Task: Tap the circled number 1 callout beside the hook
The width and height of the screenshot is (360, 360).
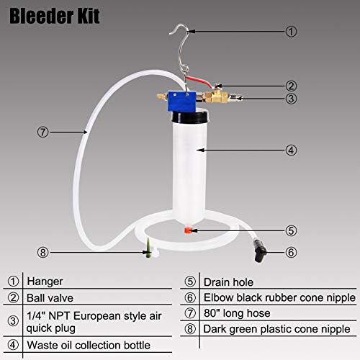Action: coord(289,32)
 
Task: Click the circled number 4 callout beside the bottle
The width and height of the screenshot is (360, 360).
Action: coord(290,150)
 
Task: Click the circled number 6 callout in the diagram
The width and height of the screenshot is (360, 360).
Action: coord(290,252)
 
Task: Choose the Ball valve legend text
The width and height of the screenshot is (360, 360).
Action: coord(52,296)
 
